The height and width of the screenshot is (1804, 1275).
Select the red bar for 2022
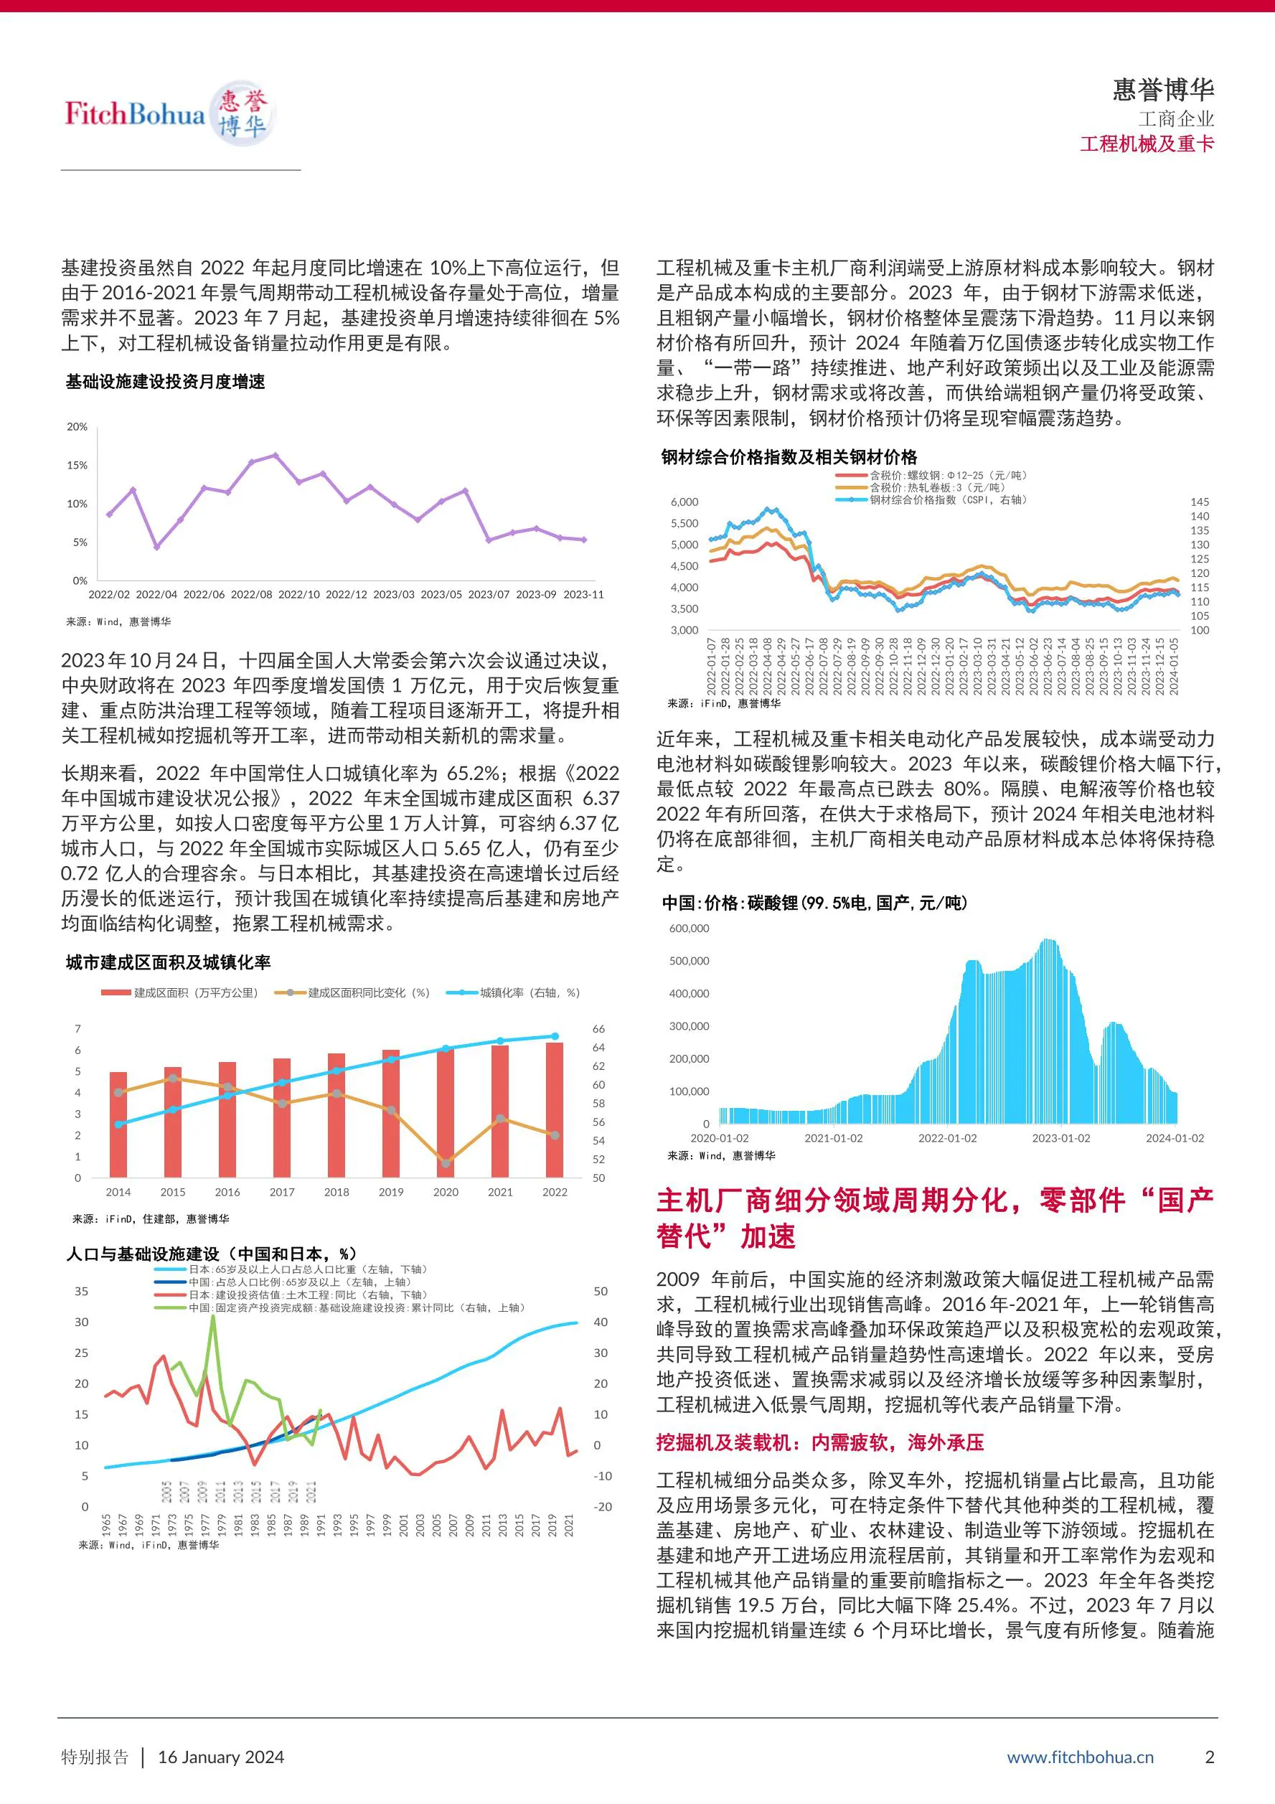[555, 1109]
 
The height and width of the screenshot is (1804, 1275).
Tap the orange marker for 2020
[446, 1163]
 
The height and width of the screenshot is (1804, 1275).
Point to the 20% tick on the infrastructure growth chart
[77, 427]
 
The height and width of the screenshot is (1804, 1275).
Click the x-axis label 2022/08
[251, 594]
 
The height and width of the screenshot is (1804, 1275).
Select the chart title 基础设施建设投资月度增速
[166, 382]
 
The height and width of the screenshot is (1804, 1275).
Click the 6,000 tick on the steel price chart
[684, 502]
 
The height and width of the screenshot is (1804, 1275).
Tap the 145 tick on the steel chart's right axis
[1200, 502]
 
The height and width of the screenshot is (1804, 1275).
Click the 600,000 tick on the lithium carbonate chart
[689, 928]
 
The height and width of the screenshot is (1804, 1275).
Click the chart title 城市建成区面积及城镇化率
[168, 962]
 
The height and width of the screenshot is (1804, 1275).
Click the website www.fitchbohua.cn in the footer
[1080, 1757]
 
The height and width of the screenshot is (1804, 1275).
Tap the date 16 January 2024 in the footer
[221, 1757]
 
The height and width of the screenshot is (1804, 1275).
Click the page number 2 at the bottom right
[1210, 1757]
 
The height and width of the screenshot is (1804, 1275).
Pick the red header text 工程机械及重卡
[1147, 144]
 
